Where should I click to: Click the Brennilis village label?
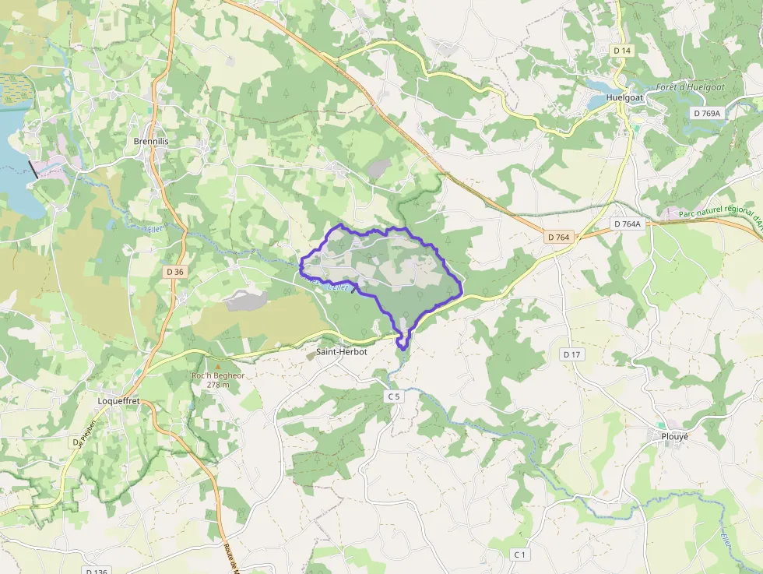[x=151, y=141]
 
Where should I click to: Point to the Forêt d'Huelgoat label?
[x=690, y=87]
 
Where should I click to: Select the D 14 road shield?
[x=621, y=50]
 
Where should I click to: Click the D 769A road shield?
[x=708, y=113]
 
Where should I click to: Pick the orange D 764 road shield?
[x=559, y=237]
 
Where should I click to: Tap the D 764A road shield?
[x=627, y=224]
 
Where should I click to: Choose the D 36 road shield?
[x=175, y=272]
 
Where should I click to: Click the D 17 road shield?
[x=571, y=354]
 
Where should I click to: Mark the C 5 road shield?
[x=394, y=396]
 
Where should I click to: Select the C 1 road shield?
[x=520, y=554]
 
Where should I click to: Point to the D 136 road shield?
[x=96, y=572]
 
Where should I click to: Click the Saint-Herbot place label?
[x=341, y=351]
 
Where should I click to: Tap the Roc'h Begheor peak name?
[x=218, y=375]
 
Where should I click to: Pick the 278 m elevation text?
[x=218, y=385]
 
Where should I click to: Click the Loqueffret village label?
[x=118, y=402]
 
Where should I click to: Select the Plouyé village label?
[x=674, y=436]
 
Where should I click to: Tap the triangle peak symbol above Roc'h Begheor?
[x=218, y=366]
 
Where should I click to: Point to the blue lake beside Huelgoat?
[x=599, y=84]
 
